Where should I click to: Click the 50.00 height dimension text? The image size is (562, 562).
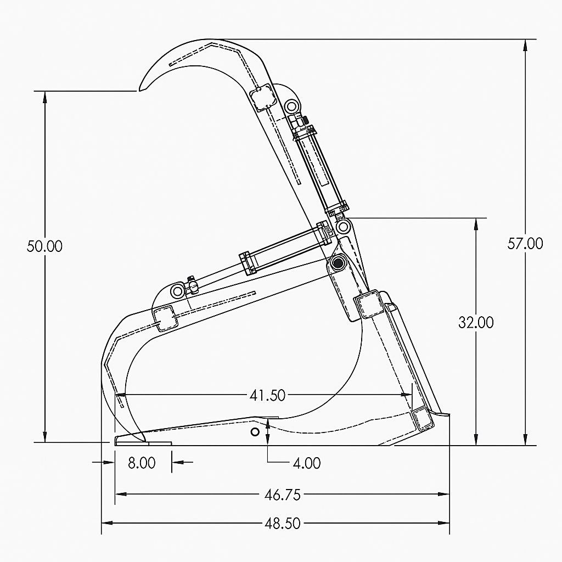tap(44, 246)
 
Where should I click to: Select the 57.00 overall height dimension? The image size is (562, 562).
tap(525, 243)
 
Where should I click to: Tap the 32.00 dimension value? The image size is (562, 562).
tap(476, 322)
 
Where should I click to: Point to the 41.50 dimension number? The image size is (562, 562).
tap(267, 395)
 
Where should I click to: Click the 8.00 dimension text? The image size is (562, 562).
tap(142, 463)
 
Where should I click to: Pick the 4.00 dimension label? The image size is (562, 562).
tap(307, 463)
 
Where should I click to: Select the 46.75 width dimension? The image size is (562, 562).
tap(283, 494)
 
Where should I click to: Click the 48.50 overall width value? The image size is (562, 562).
tap(283, 524)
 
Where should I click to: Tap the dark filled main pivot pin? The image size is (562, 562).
tap(336, 263)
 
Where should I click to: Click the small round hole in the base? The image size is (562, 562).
tap(255, 432)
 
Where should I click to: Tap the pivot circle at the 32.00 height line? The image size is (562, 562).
tap(344, 226)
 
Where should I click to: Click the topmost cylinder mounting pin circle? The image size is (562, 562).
tap(291, 105)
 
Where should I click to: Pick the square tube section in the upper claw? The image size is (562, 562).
tap(262, 97)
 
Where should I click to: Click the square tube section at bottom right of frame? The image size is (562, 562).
tap(423, 419)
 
